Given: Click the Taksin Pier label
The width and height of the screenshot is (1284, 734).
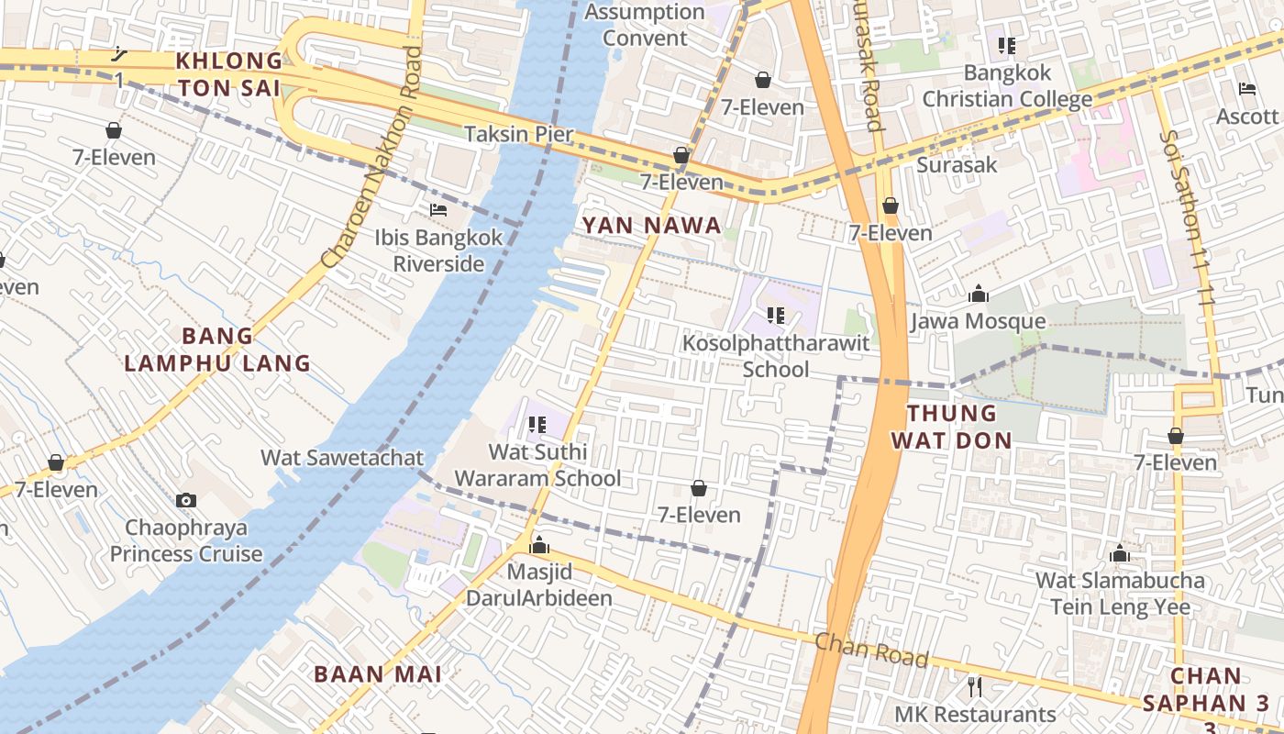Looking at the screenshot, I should click(x=518, y=134).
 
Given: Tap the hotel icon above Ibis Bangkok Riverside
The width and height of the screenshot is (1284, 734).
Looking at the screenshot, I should click(x=438, y=210).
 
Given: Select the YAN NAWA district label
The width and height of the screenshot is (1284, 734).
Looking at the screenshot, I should click(x=651, y=226).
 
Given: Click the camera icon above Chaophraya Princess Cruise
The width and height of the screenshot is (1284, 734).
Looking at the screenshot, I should click(x=186, y=500).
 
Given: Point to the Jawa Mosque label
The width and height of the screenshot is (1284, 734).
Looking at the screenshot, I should click(x=978, y=321).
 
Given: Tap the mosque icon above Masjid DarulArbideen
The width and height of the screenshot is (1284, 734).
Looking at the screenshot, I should click(x=539, y=546).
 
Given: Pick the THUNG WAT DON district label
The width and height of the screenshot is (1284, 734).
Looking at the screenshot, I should click(x=951, y=427).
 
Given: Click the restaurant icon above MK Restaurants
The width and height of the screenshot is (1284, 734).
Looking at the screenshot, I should click(x=975, y=686).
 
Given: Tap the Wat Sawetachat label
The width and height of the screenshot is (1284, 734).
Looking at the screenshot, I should click(x=342, y=458).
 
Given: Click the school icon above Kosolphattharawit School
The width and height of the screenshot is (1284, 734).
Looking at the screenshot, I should click(x=776, y=317).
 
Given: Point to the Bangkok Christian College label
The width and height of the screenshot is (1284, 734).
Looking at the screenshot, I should click(x=1007, y=85).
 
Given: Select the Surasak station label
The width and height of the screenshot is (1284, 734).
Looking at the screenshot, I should click(x=957, y=165).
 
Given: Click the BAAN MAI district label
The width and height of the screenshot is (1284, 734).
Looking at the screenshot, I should click(x=378, y=674).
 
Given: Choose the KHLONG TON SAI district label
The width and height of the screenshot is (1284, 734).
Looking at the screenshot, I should click(x=229, y=74).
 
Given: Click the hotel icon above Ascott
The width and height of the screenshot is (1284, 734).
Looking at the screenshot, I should click(x=1247, y=89).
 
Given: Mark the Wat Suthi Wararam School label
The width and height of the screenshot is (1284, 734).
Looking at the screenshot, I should click(x=537, y=465).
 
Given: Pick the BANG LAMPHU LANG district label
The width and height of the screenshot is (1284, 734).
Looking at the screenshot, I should click(x=217, y=350).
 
